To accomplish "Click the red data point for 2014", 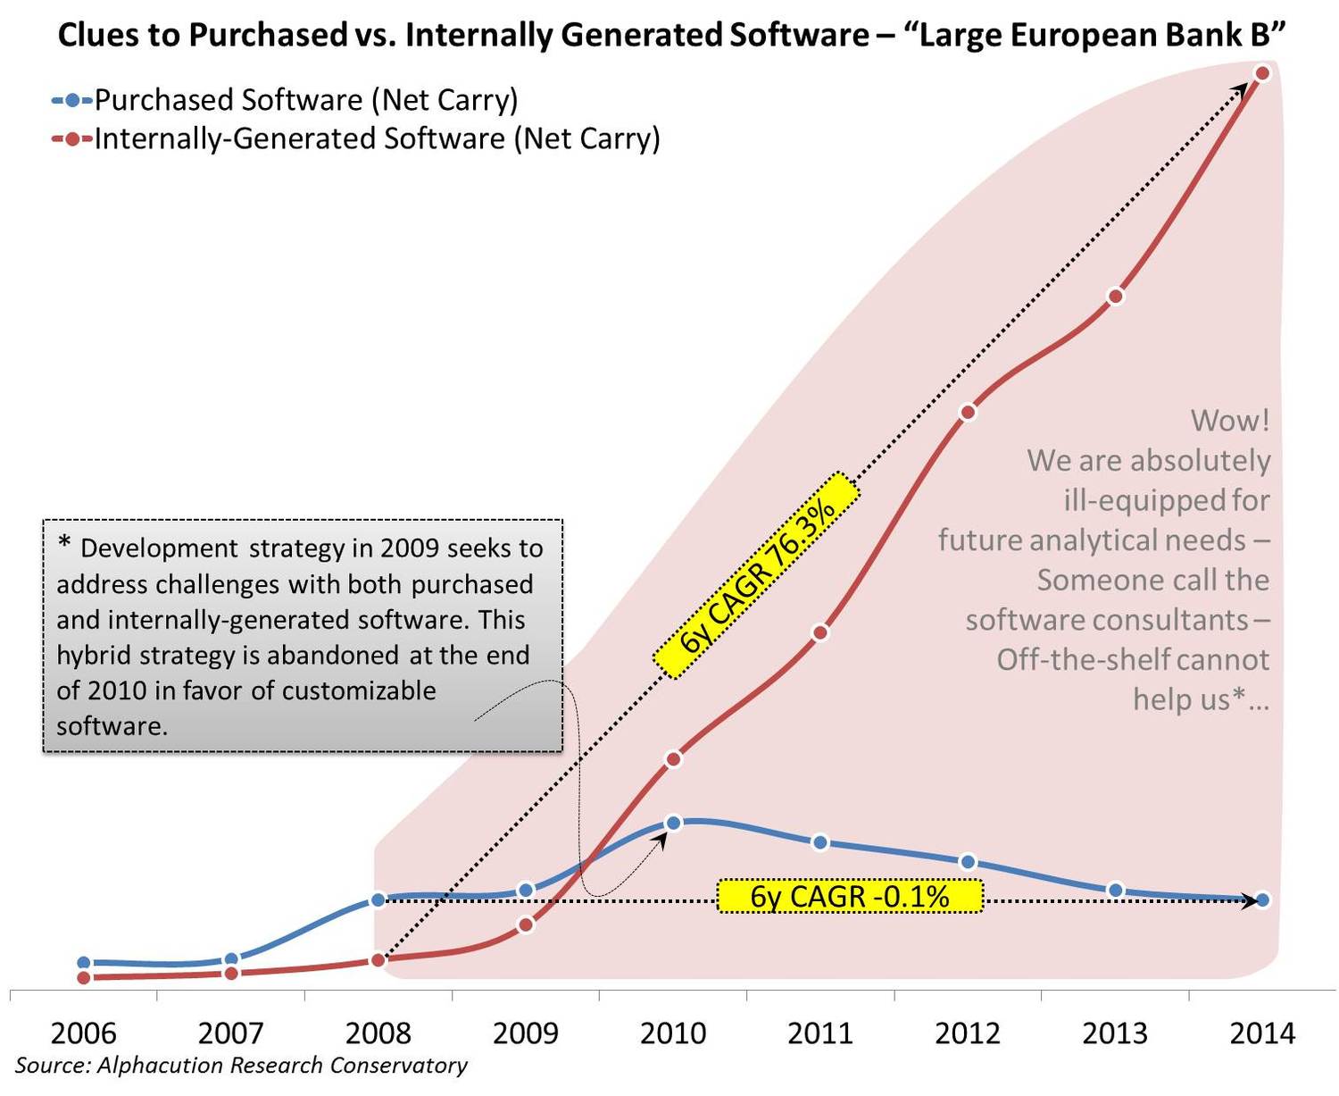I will point(1261,73).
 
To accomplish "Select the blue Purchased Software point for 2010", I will point(674,823).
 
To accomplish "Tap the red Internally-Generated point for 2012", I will point(969,413).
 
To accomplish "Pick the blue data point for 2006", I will point(84,963).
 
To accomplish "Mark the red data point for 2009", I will point(526,924).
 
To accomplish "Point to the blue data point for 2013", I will point(1115,890).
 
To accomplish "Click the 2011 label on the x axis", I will point(820,1033).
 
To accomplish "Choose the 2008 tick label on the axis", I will point(378,1033).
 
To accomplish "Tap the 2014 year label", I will point(1262,1033).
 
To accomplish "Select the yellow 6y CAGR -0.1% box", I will point(849,896).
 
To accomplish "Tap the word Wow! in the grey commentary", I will point(1229,421).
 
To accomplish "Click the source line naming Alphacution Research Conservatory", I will point(241,1066).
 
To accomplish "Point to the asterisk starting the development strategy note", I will point(64,544).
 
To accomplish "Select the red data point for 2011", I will point(821,632).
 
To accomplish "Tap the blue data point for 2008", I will point(378,899).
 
